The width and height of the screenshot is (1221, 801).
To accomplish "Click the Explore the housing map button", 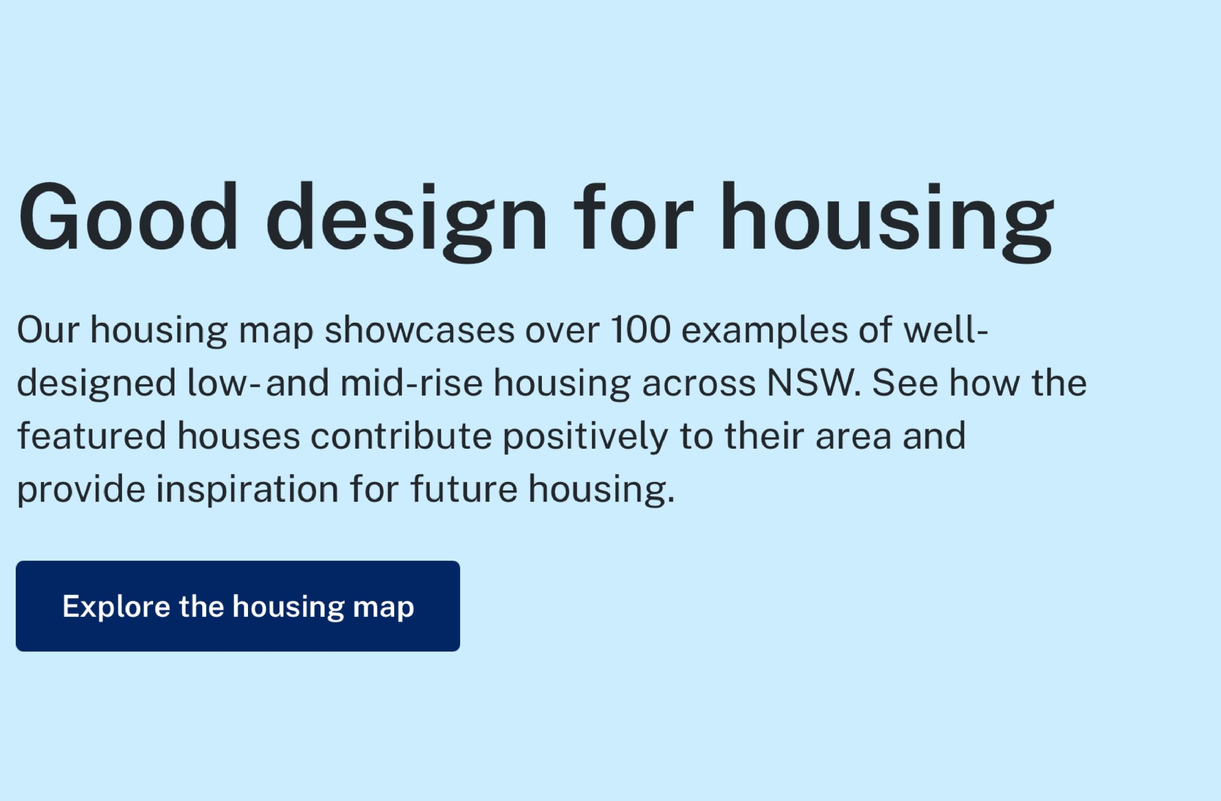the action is [238, 606].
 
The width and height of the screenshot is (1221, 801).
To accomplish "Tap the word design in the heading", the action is [407, 223].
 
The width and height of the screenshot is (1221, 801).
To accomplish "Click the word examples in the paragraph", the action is [765, 332].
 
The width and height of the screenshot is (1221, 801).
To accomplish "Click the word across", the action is [699, 386].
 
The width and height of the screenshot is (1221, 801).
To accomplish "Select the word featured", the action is [92, 435].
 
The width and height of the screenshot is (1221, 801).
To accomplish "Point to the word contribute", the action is [401, 435].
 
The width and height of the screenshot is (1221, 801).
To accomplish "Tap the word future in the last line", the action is [464, 489].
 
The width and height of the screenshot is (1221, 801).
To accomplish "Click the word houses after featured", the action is [238, 435].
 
